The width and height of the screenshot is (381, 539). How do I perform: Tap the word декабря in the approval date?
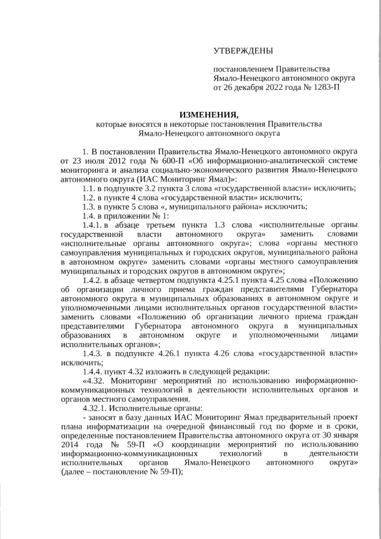(250, 88)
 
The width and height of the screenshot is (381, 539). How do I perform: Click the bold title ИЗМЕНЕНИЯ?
(208, 114)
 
